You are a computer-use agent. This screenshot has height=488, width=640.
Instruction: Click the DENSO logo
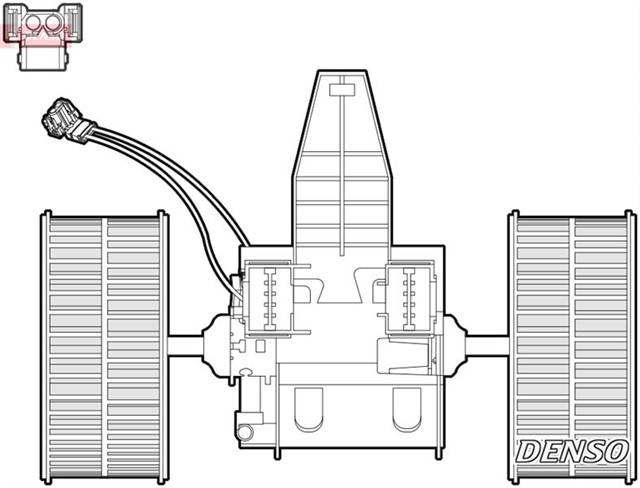click(571, 451)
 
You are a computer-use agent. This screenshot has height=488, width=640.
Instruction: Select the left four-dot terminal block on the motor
click(267, 295)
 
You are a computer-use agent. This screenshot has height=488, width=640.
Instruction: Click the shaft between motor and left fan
click(188, 342)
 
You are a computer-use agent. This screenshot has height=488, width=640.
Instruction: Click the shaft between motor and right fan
click(489, 342)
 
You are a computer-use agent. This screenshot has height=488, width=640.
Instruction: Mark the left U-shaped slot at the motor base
click(311, 410)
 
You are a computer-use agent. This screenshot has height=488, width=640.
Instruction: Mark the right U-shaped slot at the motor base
click(407, 410)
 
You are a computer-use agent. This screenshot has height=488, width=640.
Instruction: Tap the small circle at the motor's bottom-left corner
click(243, 433)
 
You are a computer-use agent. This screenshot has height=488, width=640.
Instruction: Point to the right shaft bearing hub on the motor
click(456, 340)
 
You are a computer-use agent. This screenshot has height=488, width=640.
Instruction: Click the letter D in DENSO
click(529, 451)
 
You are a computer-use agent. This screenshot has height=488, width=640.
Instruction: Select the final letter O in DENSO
click(613, 451)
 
